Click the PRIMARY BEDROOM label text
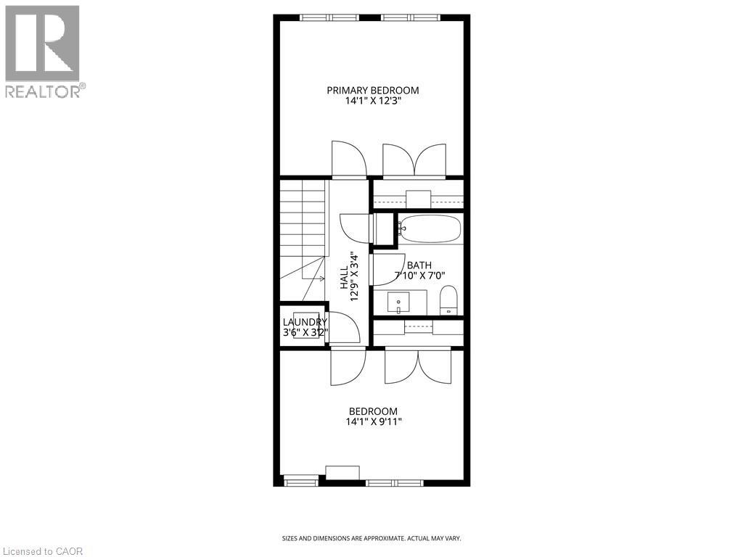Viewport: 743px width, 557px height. pyautogui.click(x=372, y=91)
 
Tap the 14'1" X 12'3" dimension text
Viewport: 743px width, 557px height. pyautogui.click(x=372, y=102)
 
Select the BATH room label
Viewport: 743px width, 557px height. pyautogui.click(x=419, y=265)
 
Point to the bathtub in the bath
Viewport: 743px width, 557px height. pyautogui.click(x=430, y=228)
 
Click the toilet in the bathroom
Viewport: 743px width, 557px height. pyautogui.click(x=448, y=300)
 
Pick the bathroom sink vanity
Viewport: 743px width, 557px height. pyautogui.click(x=398, y=301)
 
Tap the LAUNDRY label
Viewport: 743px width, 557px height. pyautogui.click(x=305, y=322)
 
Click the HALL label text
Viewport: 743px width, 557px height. pyautogui.click(x=344, y=276)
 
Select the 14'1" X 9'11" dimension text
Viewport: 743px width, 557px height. pyautogui.click(x=372, y=421)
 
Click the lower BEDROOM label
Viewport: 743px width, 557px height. pyautogui.click(x=372, y=411)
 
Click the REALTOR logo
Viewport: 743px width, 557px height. pyautogui.click(x=43, y=51)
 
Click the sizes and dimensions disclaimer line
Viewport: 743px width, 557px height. pyautogui.click(x=371, y=538)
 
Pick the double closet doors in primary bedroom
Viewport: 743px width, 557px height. pyautogui.click(x=414, y=160)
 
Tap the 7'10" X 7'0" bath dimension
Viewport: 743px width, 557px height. pyautogui.click(x=419, y=276)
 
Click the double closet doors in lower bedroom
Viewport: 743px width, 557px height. pyautogui.click(x=418, y=366)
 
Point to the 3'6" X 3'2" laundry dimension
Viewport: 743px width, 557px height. pyautogui.click(x=305, y=333)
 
